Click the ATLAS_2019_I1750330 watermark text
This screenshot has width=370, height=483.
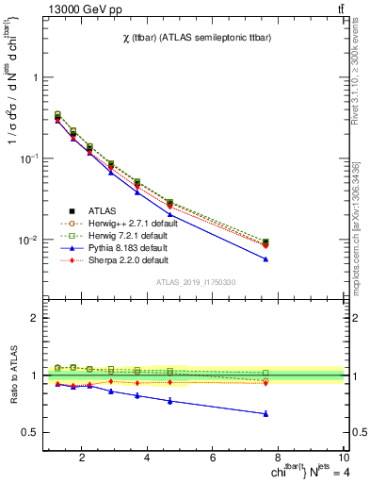point(196,282)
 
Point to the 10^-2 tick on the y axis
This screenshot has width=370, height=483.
point(27,240)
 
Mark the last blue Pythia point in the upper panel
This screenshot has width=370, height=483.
point(266,259)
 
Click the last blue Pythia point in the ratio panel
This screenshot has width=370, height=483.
point(266,413)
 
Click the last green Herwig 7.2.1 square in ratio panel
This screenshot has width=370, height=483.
point(266,373)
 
